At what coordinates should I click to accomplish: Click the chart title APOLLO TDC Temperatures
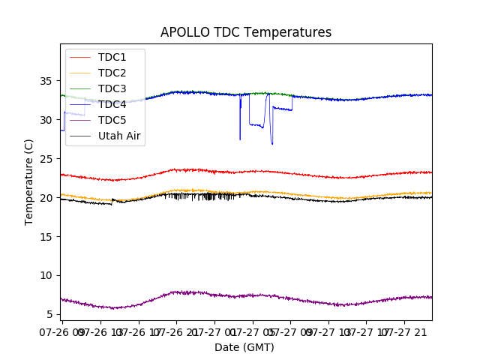246,32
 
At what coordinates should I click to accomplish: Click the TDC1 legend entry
112,57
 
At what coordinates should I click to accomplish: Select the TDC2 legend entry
112,73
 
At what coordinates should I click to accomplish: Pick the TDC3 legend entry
112,88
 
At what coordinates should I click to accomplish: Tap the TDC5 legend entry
112,120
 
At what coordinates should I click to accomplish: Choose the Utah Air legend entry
120,136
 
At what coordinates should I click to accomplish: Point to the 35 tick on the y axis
47,81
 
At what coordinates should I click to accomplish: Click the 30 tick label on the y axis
47,120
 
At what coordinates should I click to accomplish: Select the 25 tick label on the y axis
47,159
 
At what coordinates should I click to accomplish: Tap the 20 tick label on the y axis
47,198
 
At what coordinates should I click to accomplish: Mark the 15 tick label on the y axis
47,237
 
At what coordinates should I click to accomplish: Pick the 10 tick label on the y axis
47,276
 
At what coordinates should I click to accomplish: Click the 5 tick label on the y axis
50,314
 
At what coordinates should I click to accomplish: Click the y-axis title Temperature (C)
29,181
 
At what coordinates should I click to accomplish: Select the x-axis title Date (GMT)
244,347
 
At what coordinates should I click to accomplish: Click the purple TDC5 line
225,295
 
